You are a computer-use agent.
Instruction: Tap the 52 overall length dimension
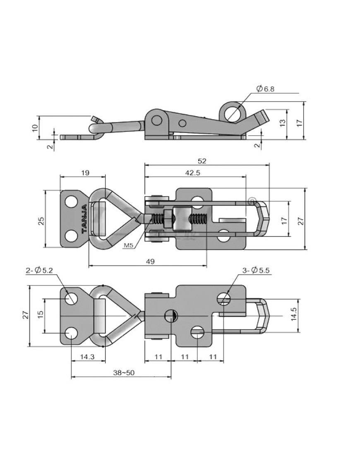202,161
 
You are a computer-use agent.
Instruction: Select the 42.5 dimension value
192,173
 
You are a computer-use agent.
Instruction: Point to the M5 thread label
128,246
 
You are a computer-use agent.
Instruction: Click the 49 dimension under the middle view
150,261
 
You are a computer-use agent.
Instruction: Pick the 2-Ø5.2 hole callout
39,271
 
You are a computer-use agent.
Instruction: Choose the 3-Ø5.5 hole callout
256,271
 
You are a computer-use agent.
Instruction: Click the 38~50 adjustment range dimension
123,373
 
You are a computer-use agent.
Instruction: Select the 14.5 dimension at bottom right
293,315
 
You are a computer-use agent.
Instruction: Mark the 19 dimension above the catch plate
85,173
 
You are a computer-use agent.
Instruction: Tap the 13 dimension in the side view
283,123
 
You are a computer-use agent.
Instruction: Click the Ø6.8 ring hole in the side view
233,113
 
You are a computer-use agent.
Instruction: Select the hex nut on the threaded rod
168,218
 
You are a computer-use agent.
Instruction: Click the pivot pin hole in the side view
156,120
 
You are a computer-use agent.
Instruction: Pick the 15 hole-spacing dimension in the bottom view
41,315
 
